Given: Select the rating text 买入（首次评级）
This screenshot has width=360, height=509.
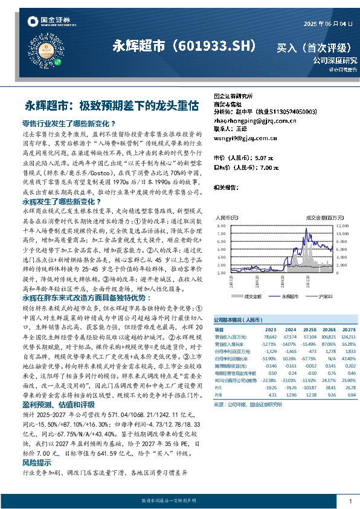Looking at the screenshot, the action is pos(315,47).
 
